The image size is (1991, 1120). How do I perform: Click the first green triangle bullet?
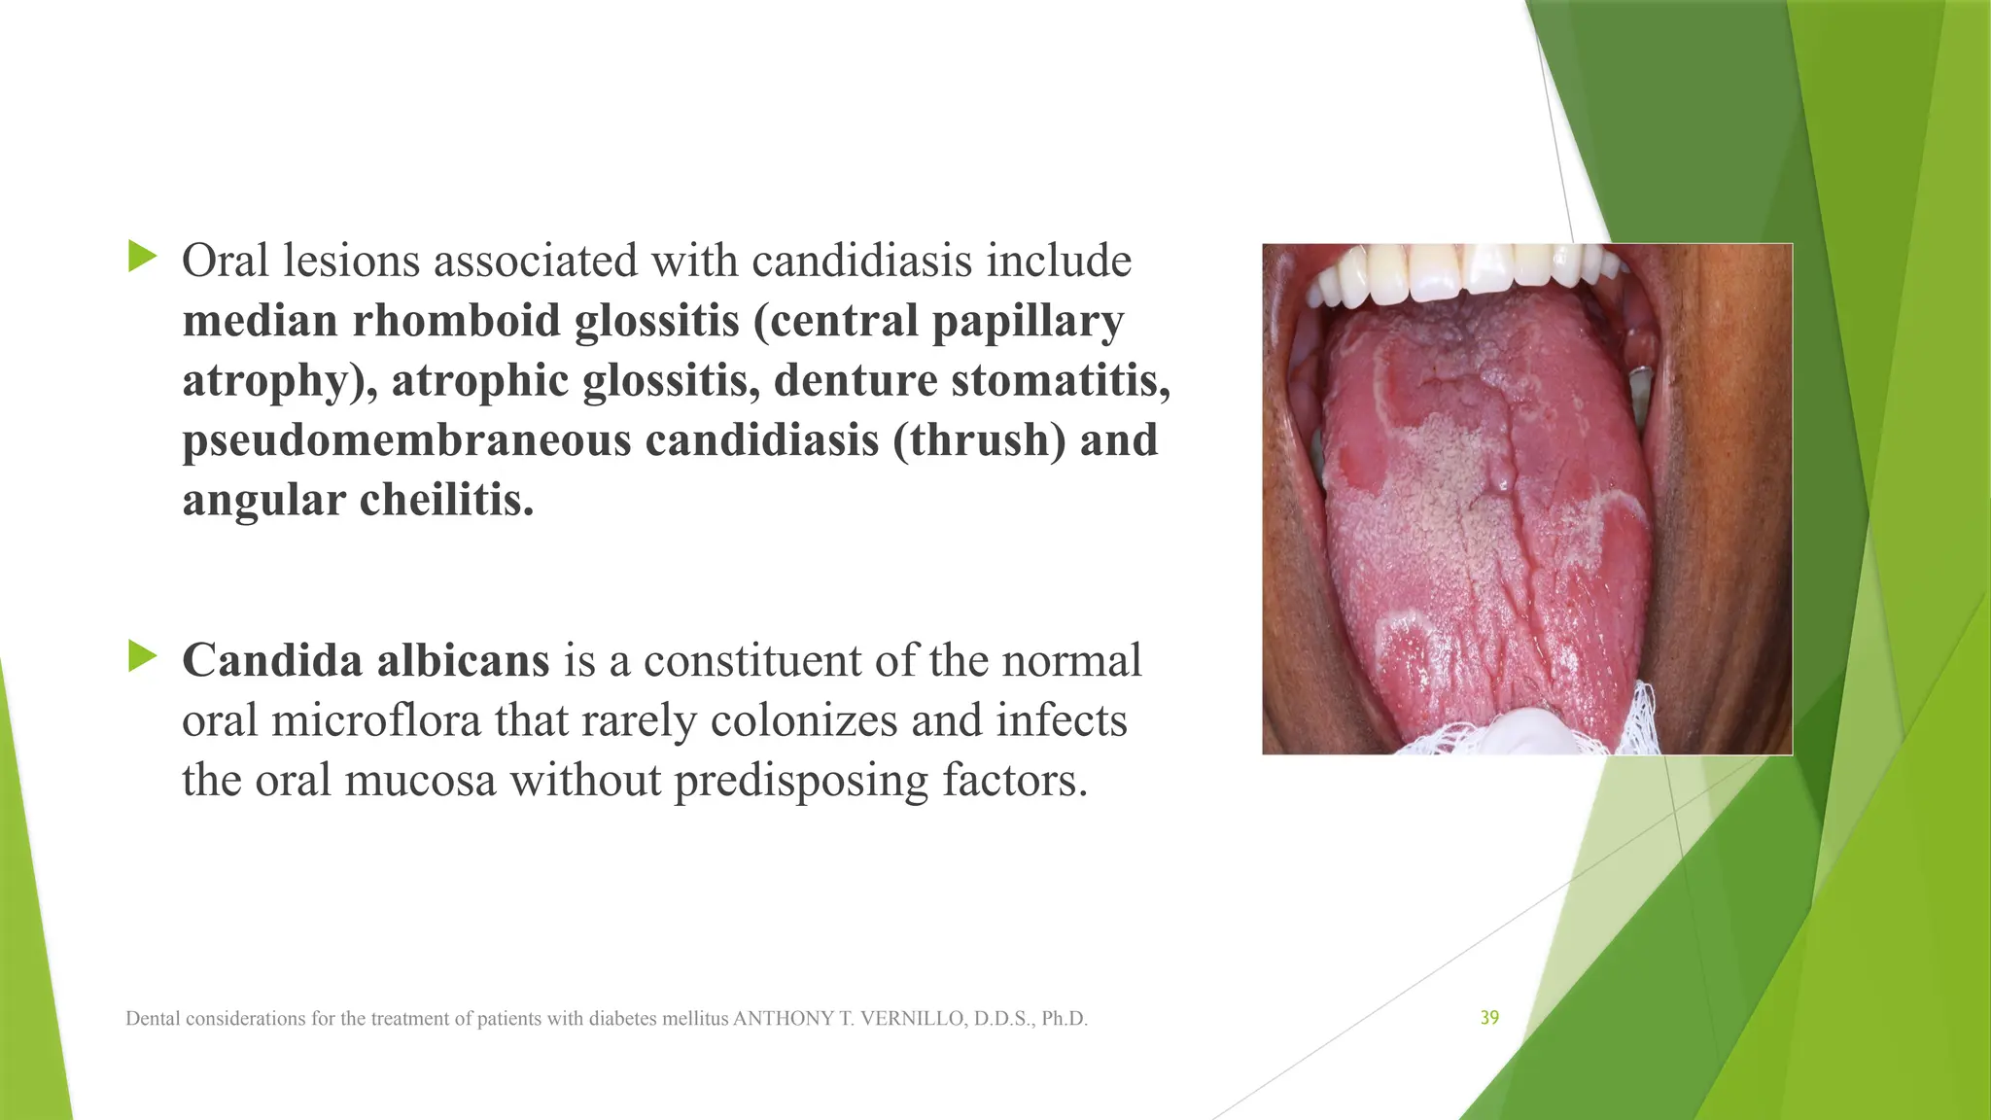[x=142, y=258]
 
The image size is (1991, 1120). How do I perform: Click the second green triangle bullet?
[x=142, y=657]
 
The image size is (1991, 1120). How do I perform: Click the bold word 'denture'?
[x=855, y=380]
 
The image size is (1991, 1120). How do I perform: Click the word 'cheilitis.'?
[x=446, y=501]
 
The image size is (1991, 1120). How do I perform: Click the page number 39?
[x=1489, y=1018]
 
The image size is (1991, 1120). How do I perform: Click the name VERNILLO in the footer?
[x=912, y=1019]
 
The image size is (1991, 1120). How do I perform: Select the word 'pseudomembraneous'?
[x=406, y=440]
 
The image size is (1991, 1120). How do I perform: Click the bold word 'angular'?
[x=263, y=501]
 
